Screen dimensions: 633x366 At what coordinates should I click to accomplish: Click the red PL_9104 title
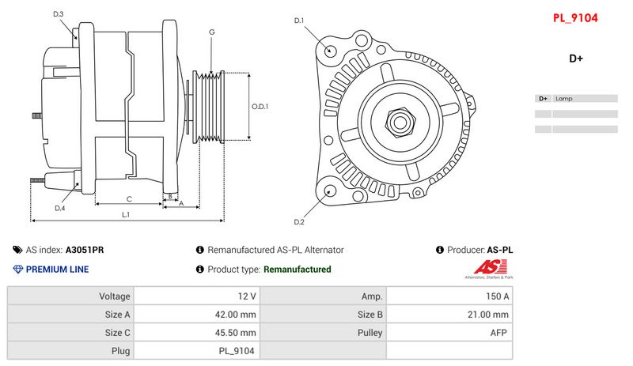[x=575, y=18]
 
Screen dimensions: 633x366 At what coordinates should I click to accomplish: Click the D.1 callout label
[x=299, y=21]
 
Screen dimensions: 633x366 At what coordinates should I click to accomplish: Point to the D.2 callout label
[x=299, y=222]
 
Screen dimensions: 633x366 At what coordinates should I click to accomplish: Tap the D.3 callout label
[x=58, y=14]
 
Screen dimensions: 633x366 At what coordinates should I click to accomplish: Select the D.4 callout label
[x=60, y=208]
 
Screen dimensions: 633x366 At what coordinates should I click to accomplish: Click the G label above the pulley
[x=211, y=32]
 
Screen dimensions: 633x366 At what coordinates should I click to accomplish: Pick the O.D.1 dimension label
[x=260, y=107]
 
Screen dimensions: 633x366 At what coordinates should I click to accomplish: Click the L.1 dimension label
[x=126, y=215]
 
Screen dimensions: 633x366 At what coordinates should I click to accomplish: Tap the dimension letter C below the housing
[x=129, y=199]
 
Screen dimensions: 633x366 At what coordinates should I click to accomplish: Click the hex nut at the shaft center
[x=400, y=123]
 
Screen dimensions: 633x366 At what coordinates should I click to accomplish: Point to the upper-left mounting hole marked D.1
[x=330, y=51]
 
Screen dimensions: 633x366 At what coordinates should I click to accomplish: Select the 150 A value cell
[x=449, y=296]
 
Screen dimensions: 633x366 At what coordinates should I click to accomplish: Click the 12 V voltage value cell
[x=197, y=296]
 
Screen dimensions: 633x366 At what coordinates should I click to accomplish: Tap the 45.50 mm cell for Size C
[x=197, y=333]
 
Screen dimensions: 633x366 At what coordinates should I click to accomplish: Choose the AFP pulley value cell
[x=449, y=333]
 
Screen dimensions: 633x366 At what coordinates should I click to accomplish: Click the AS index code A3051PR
[x=85, y=250]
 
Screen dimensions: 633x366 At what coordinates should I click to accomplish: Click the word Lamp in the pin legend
[x=563, y=99]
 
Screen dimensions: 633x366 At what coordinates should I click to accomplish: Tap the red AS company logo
[x=490, y=267]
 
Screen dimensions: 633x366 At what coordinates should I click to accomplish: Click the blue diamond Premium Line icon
[x=17, y=269]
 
